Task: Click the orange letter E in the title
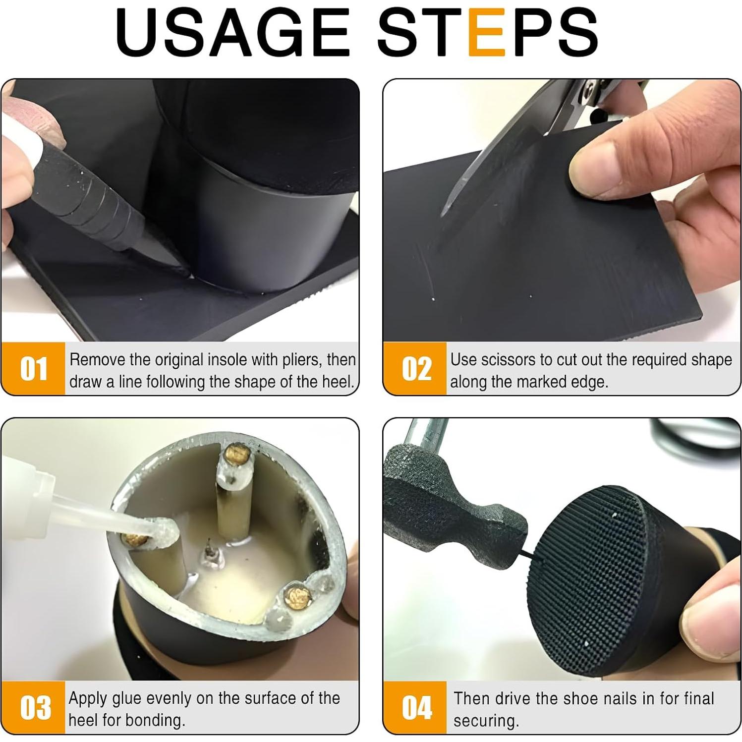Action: [x=487, y=32]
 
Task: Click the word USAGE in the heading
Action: [x=233, y=32]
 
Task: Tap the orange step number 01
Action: [x=34, y=369]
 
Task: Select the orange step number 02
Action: [x=416, y=369]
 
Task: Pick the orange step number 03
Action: [x=35, y=707]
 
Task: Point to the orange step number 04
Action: [x=417, y=707]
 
